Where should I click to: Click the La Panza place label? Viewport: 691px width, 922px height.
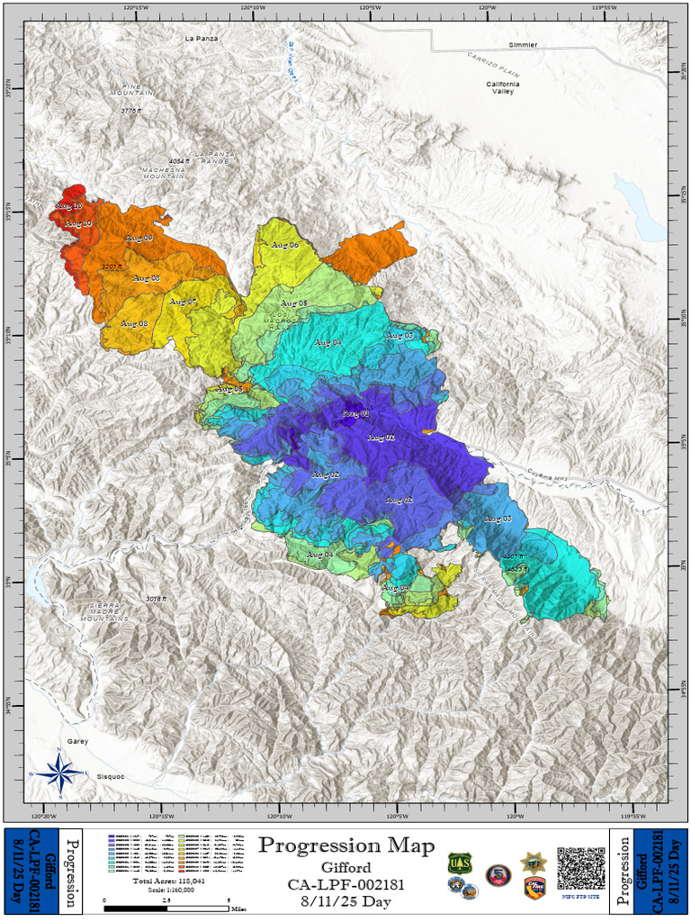coord(202,39)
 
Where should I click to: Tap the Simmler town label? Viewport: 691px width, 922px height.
coord(522,44)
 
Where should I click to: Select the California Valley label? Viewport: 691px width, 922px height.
coord(503,87)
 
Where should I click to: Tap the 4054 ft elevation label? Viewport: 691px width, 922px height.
coord(181,161)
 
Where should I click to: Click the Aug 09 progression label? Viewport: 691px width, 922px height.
coord(138,238)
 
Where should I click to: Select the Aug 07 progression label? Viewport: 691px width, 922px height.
coord(183,301)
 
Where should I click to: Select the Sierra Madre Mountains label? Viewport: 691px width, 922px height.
coord(103,612)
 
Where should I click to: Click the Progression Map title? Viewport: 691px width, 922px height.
coord(346,845)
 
